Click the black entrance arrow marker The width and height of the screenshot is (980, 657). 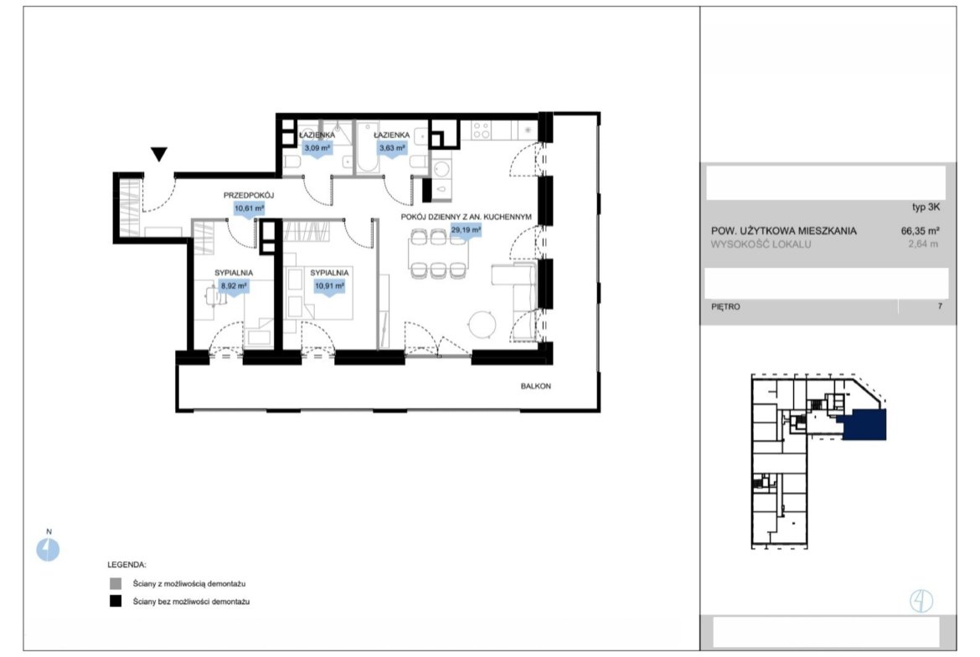point(159,154)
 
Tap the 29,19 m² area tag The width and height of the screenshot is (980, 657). point(466,230)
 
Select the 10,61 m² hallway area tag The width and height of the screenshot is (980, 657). point(249,208)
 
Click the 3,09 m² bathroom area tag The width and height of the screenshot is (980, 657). point(317,148)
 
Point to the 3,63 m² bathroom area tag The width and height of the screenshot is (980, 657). point(392,148)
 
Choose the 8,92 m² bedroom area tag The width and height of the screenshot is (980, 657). point(234,286)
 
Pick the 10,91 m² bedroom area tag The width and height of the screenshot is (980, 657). point(329,286)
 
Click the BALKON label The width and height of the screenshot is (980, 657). point(535,386)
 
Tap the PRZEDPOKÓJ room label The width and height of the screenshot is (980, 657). point(249,196)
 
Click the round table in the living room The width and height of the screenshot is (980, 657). point(482,325)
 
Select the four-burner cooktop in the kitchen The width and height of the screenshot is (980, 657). point(482,131)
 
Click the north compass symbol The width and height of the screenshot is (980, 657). point(48,550)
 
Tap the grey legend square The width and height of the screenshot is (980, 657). point(116,583)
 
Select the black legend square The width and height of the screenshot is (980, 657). point(116,601)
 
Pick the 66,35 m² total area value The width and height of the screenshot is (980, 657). point(920,230)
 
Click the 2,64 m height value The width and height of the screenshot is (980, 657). point(923,244)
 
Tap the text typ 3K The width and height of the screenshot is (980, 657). point(926,208)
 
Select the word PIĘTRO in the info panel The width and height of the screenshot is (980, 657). point(725,306)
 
